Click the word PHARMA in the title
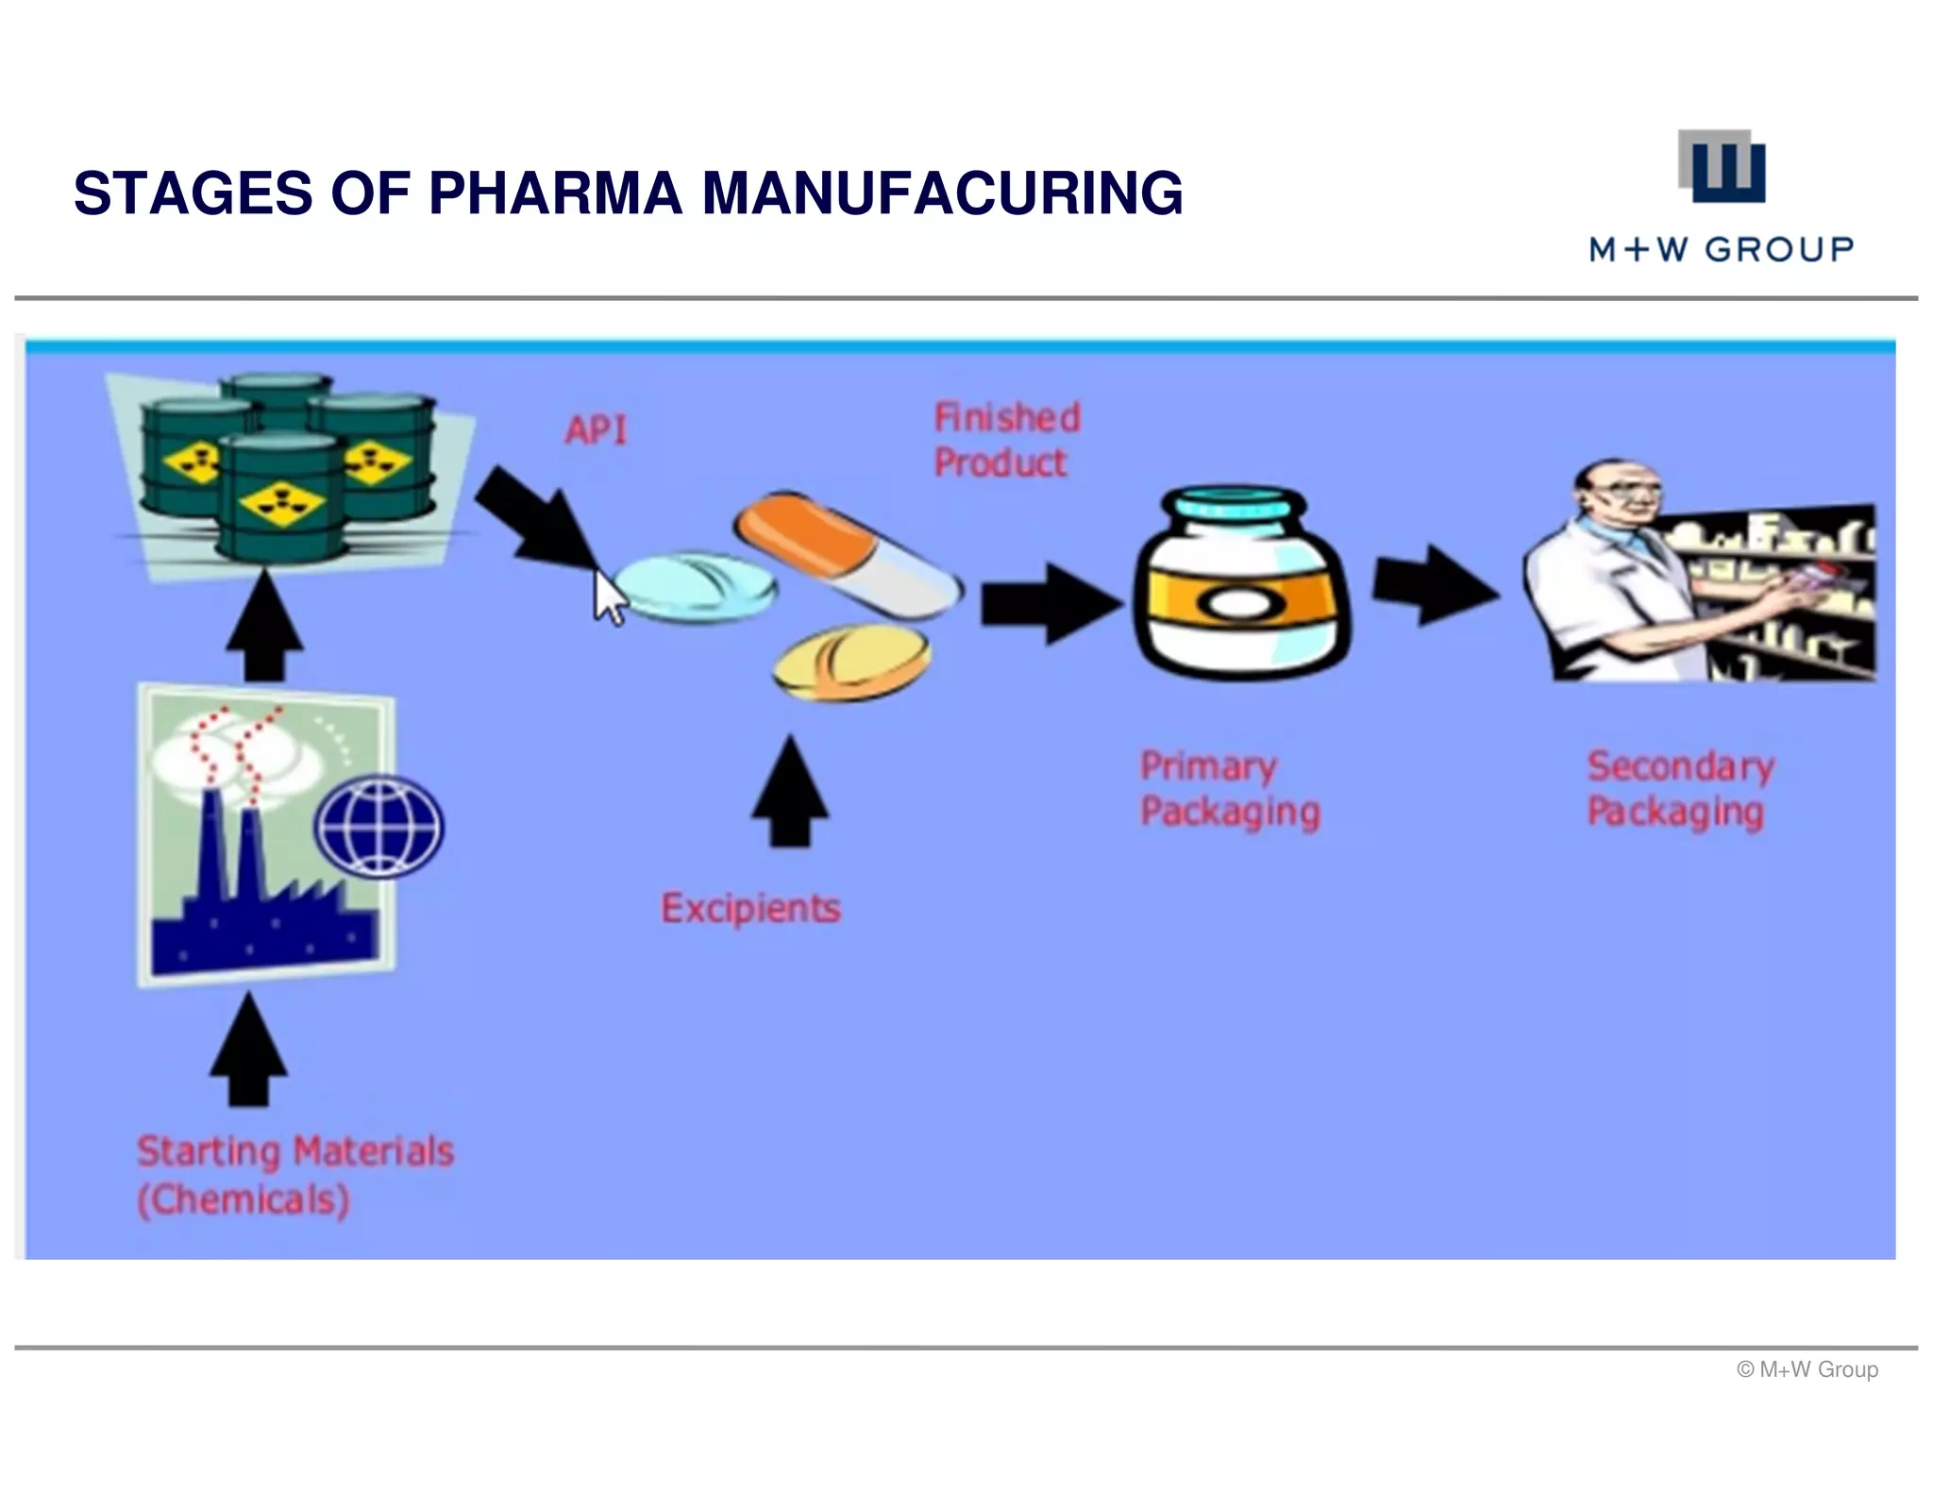[x=555, y=193]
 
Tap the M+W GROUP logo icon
[x=1722, y=166]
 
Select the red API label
[x=597, y=430]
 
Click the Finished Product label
[x=1007, y=440]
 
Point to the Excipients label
[x=750, y=908]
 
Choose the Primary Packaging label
[x=1230, y=789]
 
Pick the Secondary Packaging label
[x=1681, y=789]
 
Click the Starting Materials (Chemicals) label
[x=295, y=1176]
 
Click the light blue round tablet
[x=695, y=586]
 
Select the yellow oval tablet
[x=851, y=664]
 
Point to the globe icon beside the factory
[x=378, y=827]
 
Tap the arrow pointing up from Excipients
[x=790, y=791]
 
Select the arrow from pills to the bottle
[x=1051, y=604]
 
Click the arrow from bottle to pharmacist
[x=1435, y=585]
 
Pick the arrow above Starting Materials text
[x=248, y=1048]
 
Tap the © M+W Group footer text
[x=1807, y=1369]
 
